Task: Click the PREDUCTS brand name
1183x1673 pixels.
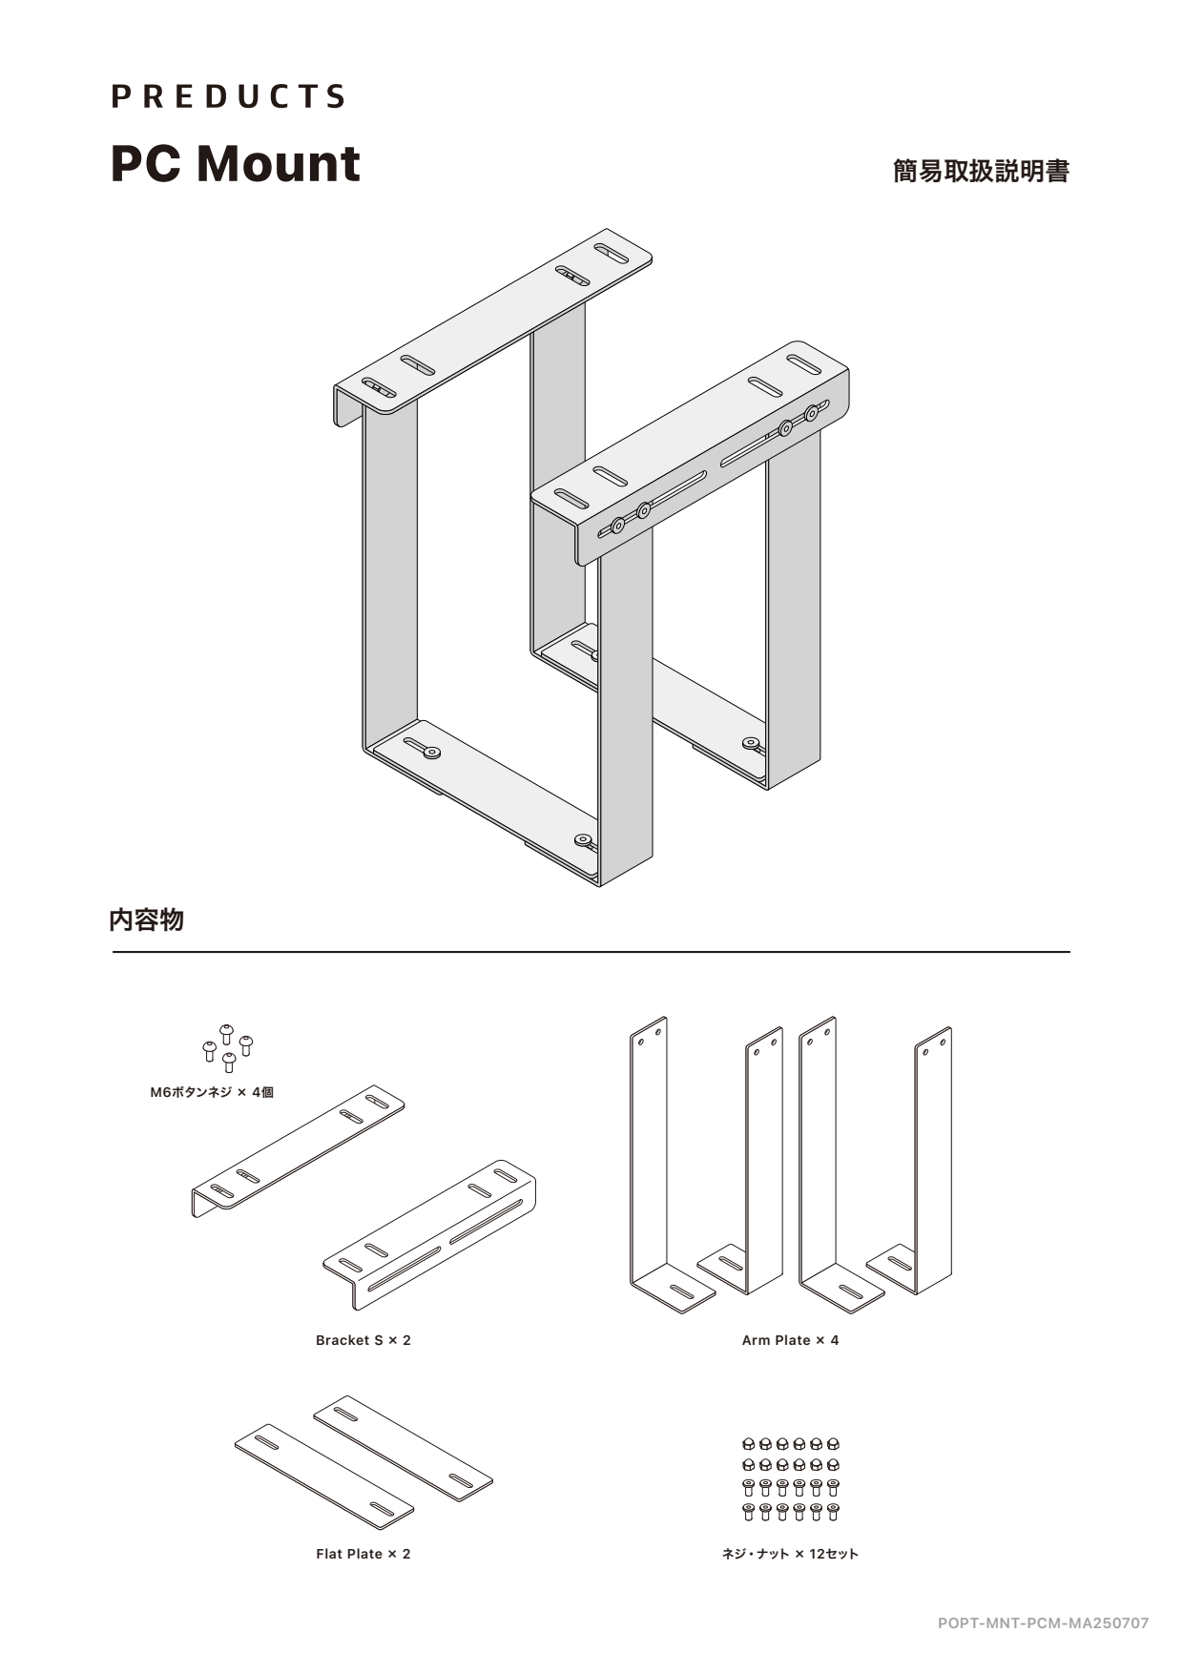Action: coord(228,96)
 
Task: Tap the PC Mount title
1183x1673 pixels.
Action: coord(236,163)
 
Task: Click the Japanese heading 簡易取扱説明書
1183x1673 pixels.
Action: coord(980,172)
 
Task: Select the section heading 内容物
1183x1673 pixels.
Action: coord(146,920)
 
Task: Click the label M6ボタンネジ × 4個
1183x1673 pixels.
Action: coord(212,1093)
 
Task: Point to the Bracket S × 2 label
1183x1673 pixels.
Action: coord(363,1340)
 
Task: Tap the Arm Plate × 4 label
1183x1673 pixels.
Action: coord(790,1340)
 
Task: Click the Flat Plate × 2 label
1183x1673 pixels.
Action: coord(363,1554)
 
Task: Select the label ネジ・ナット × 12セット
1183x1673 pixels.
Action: coord(790,1554)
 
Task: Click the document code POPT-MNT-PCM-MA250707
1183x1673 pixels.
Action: coord(1043,1622)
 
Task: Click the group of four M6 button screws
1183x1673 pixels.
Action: coord(227,1047)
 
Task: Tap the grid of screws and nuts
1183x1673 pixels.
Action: coord(790,1478)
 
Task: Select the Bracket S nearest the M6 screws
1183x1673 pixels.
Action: coord(298,1149)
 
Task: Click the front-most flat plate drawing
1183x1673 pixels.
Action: coord(324,1475)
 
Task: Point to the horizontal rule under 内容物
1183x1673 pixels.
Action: coord(591,952)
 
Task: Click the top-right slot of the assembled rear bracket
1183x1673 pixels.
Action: coord(612,253)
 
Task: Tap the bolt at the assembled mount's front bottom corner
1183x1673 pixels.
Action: coord(583,840)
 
